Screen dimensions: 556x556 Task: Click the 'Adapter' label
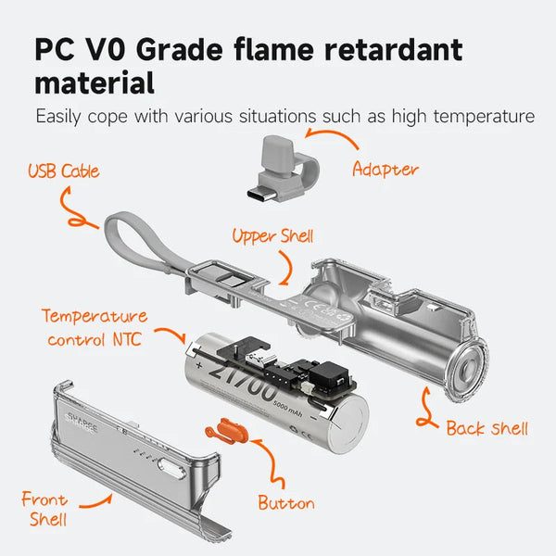tap(385, 169)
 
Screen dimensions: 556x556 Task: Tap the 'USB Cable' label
tap(64, 171)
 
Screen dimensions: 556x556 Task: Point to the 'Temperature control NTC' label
tap(93, 327)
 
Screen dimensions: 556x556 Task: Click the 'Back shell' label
tap(486, 427)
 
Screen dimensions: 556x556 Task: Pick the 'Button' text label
tap(285, 503)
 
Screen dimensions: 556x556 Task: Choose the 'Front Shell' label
tap(44, 509)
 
